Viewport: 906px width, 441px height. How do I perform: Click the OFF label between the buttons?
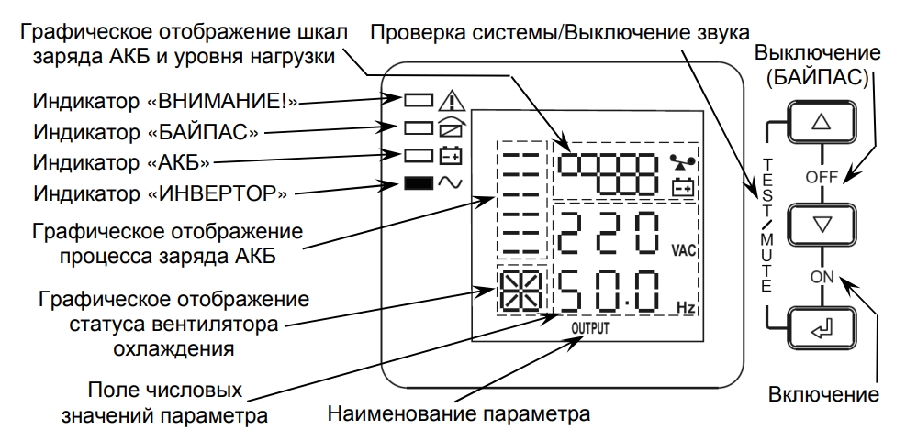point(822,175)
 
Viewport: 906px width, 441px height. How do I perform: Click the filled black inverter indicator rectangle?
point(418,183)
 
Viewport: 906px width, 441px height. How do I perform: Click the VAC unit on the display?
point(684,249)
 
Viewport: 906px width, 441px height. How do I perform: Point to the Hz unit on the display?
point(685,308)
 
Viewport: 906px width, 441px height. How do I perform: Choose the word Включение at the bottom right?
point(822,395)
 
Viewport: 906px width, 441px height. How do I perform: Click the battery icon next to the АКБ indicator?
point(449,155)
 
